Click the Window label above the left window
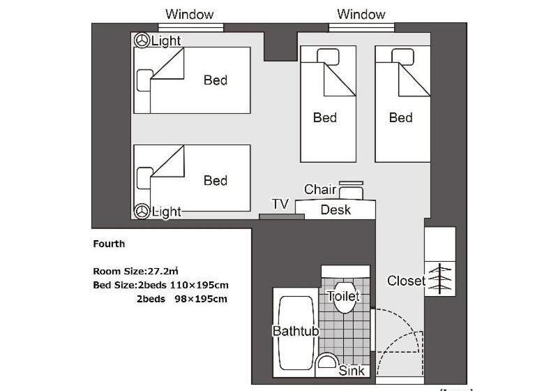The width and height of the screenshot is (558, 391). (189, 14)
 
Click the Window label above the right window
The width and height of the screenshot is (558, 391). (361, 14)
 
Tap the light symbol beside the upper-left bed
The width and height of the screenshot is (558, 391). (142, 40)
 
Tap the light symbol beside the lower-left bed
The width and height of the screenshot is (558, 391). (142, 211)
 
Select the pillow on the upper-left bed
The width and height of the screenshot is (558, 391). (144, 80)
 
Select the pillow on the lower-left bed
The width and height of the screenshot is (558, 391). (144, 178)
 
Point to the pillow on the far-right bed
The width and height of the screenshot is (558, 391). (402, 57)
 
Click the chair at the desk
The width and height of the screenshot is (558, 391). (351, 191)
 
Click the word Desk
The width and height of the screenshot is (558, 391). (335, 209)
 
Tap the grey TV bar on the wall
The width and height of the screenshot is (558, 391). (282, 216)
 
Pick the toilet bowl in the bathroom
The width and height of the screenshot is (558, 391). (344, 297)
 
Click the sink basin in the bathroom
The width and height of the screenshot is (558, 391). (326, 362)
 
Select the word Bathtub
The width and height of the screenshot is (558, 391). (296, 331)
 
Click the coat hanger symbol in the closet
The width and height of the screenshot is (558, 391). (440, 279)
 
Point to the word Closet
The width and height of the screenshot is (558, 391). (406, 281)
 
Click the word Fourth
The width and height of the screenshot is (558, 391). (109, 244)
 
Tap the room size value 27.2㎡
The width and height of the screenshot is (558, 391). (163, 271)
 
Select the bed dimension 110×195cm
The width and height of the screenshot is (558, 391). (199, 286)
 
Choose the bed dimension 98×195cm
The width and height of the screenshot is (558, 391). (201, 299)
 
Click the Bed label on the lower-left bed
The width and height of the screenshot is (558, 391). (216, 181)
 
